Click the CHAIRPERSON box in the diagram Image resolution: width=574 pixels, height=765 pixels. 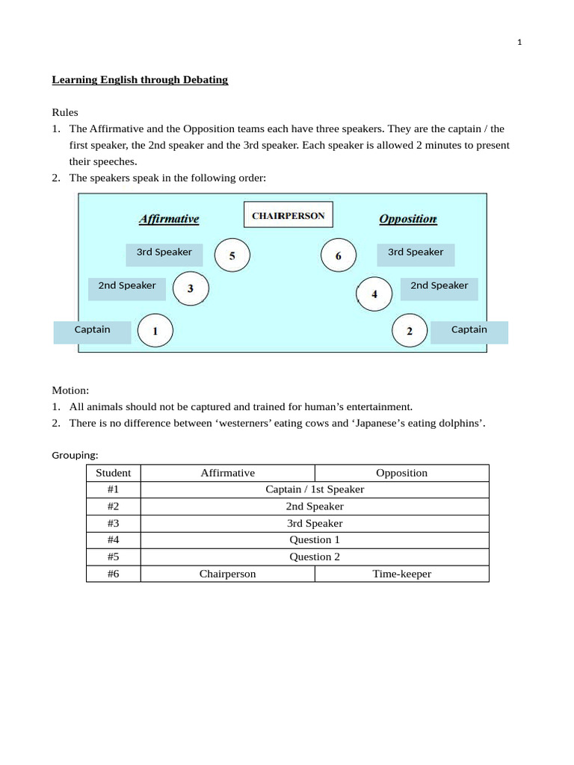click(x=288, y=215)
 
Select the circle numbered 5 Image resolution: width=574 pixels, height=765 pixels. click(x=232, y=255)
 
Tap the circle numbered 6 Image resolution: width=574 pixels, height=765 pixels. click(x=339, y=255)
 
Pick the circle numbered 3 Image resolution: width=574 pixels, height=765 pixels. click(x=191, y=288)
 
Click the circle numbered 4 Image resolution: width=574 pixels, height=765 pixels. click(x=374, y=294)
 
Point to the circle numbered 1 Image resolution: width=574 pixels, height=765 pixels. click(x=155, y=331)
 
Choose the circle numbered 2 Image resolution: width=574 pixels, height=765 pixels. click(x=410, y=331)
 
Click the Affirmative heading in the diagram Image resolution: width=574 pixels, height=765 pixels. click(x=169, y=219)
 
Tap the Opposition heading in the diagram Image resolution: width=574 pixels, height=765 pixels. click(x=407, y=219)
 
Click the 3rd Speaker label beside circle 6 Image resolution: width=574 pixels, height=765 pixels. click(x=416, y=253)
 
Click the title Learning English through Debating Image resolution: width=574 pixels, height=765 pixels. click(x=140, y=79)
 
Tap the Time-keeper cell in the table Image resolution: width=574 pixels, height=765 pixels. click(x=401, y=574)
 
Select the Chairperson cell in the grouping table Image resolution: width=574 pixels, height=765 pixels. click(x=227, y=574)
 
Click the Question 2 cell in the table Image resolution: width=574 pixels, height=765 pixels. click(x=315, y=557)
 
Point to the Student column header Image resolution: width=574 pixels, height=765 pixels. click(x=114, y=473)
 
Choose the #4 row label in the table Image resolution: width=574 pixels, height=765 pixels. click(x=114, y=539)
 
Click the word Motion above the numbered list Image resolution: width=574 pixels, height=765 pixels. click(x=70, y=390)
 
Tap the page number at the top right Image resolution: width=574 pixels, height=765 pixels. click(x=519, y=43)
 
